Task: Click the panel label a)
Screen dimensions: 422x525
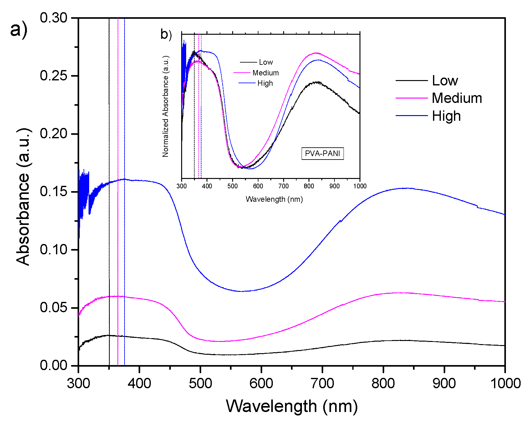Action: (18, 30)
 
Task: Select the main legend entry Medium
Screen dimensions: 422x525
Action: (456, 98)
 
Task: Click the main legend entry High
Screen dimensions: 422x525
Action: (446, 116)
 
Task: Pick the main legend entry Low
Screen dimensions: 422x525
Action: (445, 81)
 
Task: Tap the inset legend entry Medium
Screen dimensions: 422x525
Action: (265, 73)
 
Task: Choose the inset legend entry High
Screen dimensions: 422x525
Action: (265, 83)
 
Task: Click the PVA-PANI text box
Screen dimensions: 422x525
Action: (322, 154)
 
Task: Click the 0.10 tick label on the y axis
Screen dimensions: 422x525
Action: (54, 250)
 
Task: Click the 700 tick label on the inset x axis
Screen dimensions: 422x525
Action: (283, 186)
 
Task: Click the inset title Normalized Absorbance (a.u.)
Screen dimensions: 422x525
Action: (165, 106)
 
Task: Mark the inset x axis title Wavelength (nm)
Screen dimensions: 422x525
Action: (274, 199)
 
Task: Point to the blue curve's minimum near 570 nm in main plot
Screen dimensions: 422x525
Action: (241, 291)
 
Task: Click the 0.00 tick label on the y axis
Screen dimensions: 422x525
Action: (54, 365)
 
